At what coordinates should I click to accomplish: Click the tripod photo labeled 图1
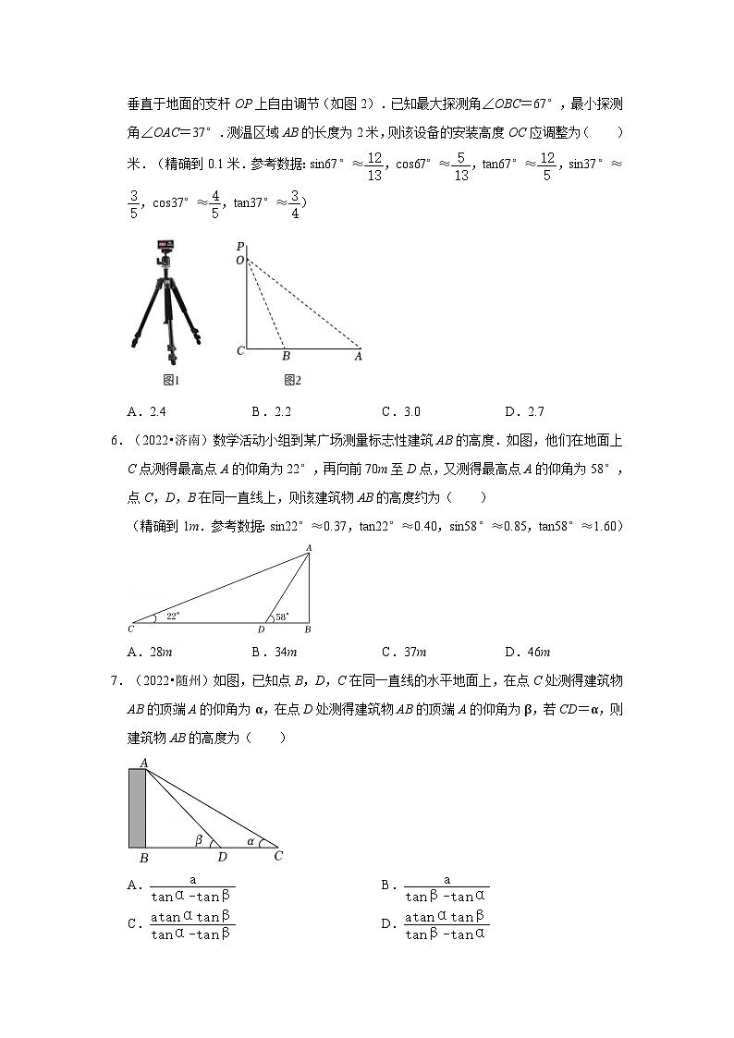point(168,303)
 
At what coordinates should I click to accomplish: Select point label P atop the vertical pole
point(239,247)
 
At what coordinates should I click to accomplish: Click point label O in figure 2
point(239,261)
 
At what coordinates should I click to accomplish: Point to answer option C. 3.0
point(401,412)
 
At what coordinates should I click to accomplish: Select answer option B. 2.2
point(271,412)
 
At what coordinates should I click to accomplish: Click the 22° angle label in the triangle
point(172,615)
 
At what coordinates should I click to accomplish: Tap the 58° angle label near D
point(282,616)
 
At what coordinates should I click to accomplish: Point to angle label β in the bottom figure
point(198,839)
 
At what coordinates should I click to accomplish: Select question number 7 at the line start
point(116,681)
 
